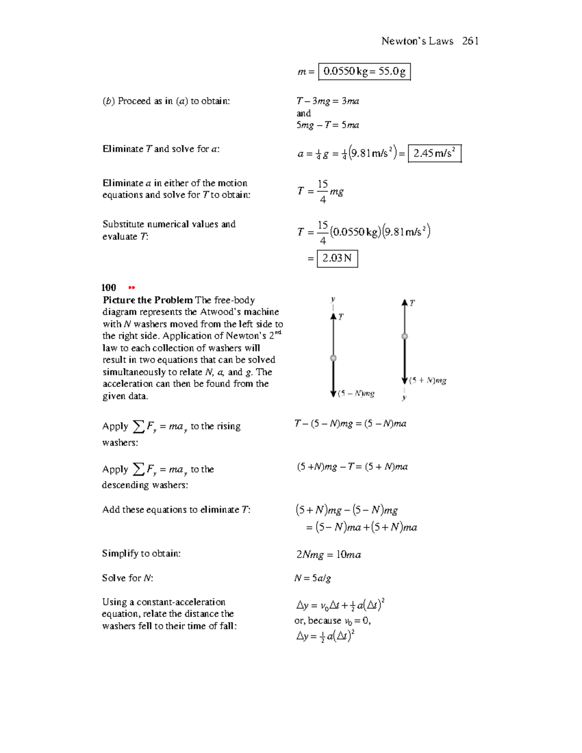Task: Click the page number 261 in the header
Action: pos(470,41)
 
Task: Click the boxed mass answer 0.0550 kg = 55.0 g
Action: pos(364,72)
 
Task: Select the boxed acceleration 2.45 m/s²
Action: pos(434,154)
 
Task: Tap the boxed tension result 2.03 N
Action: pos(337,258)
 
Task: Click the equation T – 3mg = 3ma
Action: pos(328,101)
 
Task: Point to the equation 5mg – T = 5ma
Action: pos(328,125)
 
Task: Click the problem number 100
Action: pos(109,288)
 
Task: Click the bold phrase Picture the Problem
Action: pos(147,300)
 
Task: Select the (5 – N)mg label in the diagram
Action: pos(356,394)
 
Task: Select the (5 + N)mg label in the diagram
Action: pos(427,381)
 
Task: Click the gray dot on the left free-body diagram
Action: pos(333,358)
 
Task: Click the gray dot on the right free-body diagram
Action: pos(404,336)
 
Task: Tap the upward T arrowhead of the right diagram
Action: pos(404,303)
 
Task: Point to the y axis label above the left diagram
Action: pos(333,300)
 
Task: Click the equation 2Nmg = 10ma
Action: pos(328,555)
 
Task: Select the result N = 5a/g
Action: pos(313,578)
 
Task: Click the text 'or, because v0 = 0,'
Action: pos(332,621)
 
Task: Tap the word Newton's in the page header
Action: pos(401,41)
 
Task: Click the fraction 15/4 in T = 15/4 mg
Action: pos(323,191)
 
